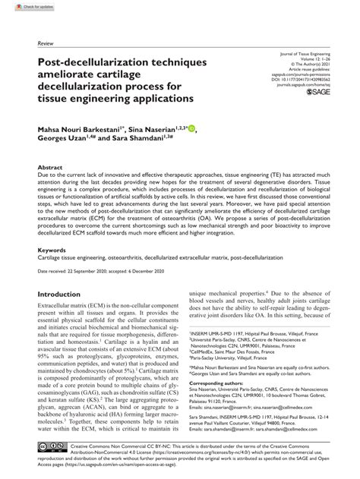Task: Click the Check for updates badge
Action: click(24, 6)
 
